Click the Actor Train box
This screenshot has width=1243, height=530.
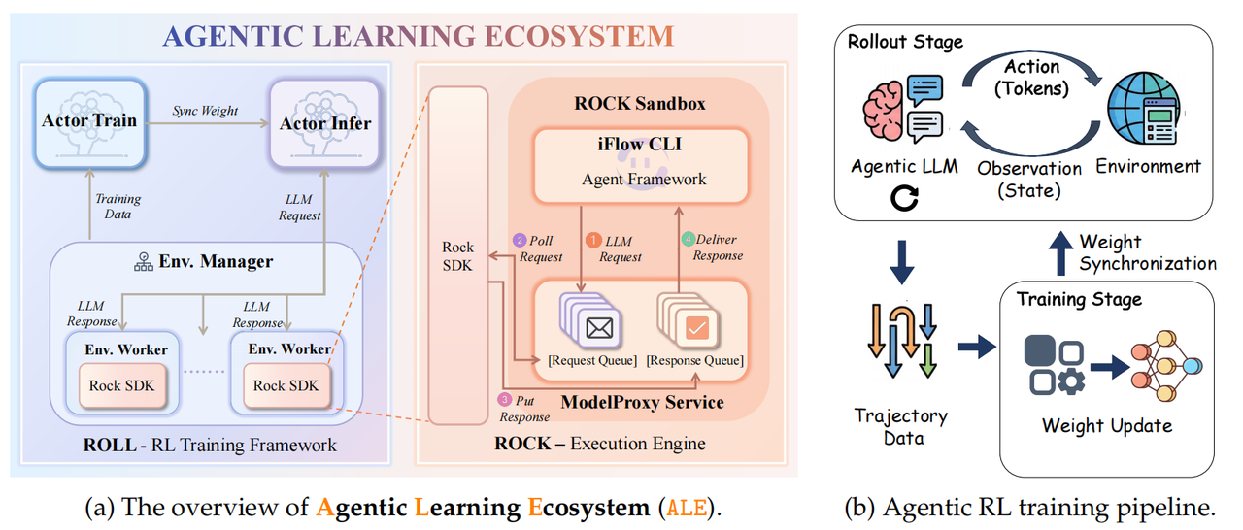click(89, 121)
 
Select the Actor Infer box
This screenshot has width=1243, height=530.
click(324, 122)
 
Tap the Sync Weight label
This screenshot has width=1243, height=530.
click(207, 111)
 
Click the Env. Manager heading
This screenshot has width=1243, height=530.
click(203, 261)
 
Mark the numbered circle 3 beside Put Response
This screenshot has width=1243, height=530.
click(504, 399)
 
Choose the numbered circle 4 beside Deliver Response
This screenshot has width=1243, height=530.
click(688, 239)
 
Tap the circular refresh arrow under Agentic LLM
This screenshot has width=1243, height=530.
click(904, 199)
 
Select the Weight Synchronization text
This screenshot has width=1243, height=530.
click(1147, 252)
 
